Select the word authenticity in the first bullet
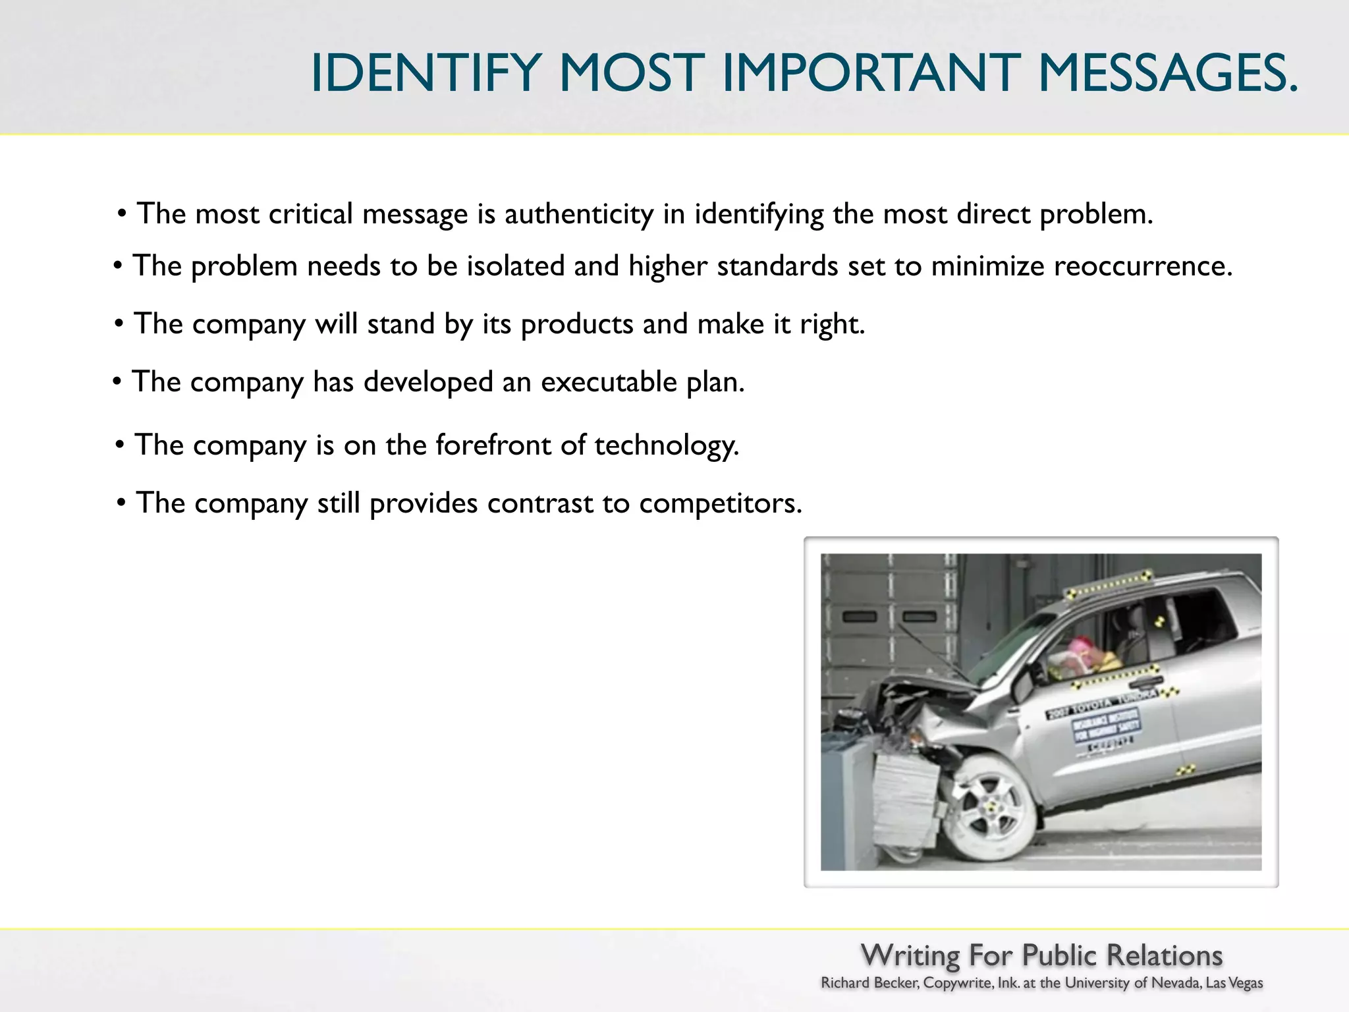[579, 214]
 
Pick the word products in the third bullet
[577, 324]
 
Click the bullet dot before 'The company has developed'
[117, 381]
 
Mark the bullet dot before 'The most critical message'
[122, 213]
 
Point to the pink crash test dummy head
[1080, 646]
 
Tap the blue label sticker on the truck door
[1107, 725]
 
